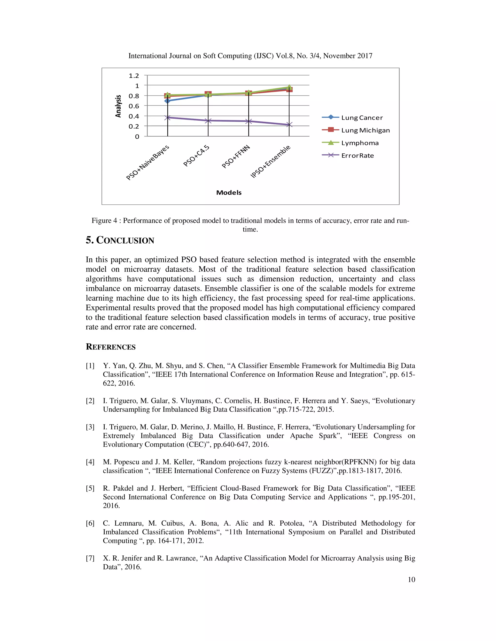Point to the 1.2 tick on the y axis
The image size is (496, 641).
tap(134, 76)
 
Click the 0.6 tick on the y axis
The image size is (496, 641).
tap(134, 106)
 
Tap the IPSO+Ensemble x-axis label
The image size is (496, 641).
tap(270, 161)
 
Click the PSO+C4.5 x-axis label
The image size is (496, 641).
tap(196, 156)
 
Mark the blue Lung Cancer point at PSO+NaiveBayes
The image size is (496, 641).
tap(168, 101)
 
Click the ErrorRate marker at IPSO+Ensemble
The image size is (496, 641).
tap(289, 125)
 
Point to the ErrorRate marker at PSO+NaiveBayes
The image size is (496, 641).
tap(168, 117)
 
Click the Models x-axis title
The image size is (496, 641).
tap(229, 193)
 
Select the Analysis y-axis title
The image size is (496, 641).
tap(118, 106)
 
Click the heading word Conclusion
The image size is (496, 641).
tap(125, 240)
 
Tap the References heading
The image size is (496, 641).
tap(110, 347)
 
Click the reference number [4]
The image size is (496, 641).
tap(90, 462)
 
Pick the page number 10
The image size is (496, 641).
tap(411, 579)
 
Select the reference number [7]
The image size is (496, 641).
tap(90, 558)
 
